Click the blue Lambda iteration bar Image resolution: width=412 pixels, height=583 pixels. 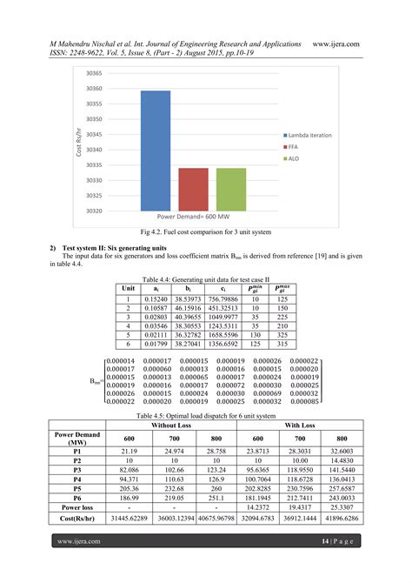click(156, 151)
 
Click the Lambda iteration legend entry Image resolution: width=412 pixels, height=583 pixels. click(309, 136)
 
